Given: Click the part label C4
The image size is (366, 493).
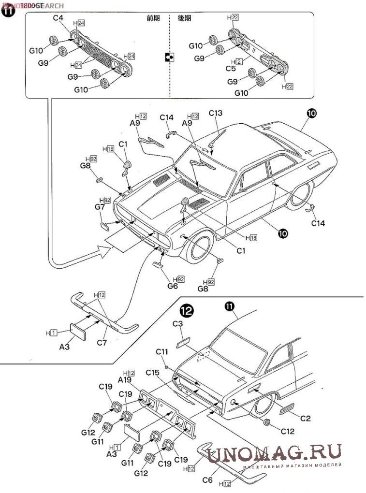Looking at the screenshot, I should coord(59,18).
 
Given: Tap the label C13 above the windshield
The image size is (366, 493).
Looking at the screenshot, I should coord(216,113).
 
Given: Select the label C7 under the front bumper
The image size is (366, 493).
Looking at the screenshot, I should coord(102,343).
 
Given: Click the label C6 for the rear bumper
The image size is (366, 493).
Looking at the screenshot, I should coord(208,479).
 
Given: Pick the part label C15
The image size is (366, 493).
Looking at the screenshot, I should coord(152,373).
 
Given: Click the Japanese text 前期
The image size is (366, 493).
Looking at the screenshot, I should coord(153,18).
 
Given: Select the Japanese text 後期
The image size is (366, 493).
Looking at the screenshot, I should coord(184,18).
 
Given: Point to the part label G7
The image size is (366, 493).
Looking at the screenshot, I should coord(100,207).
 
